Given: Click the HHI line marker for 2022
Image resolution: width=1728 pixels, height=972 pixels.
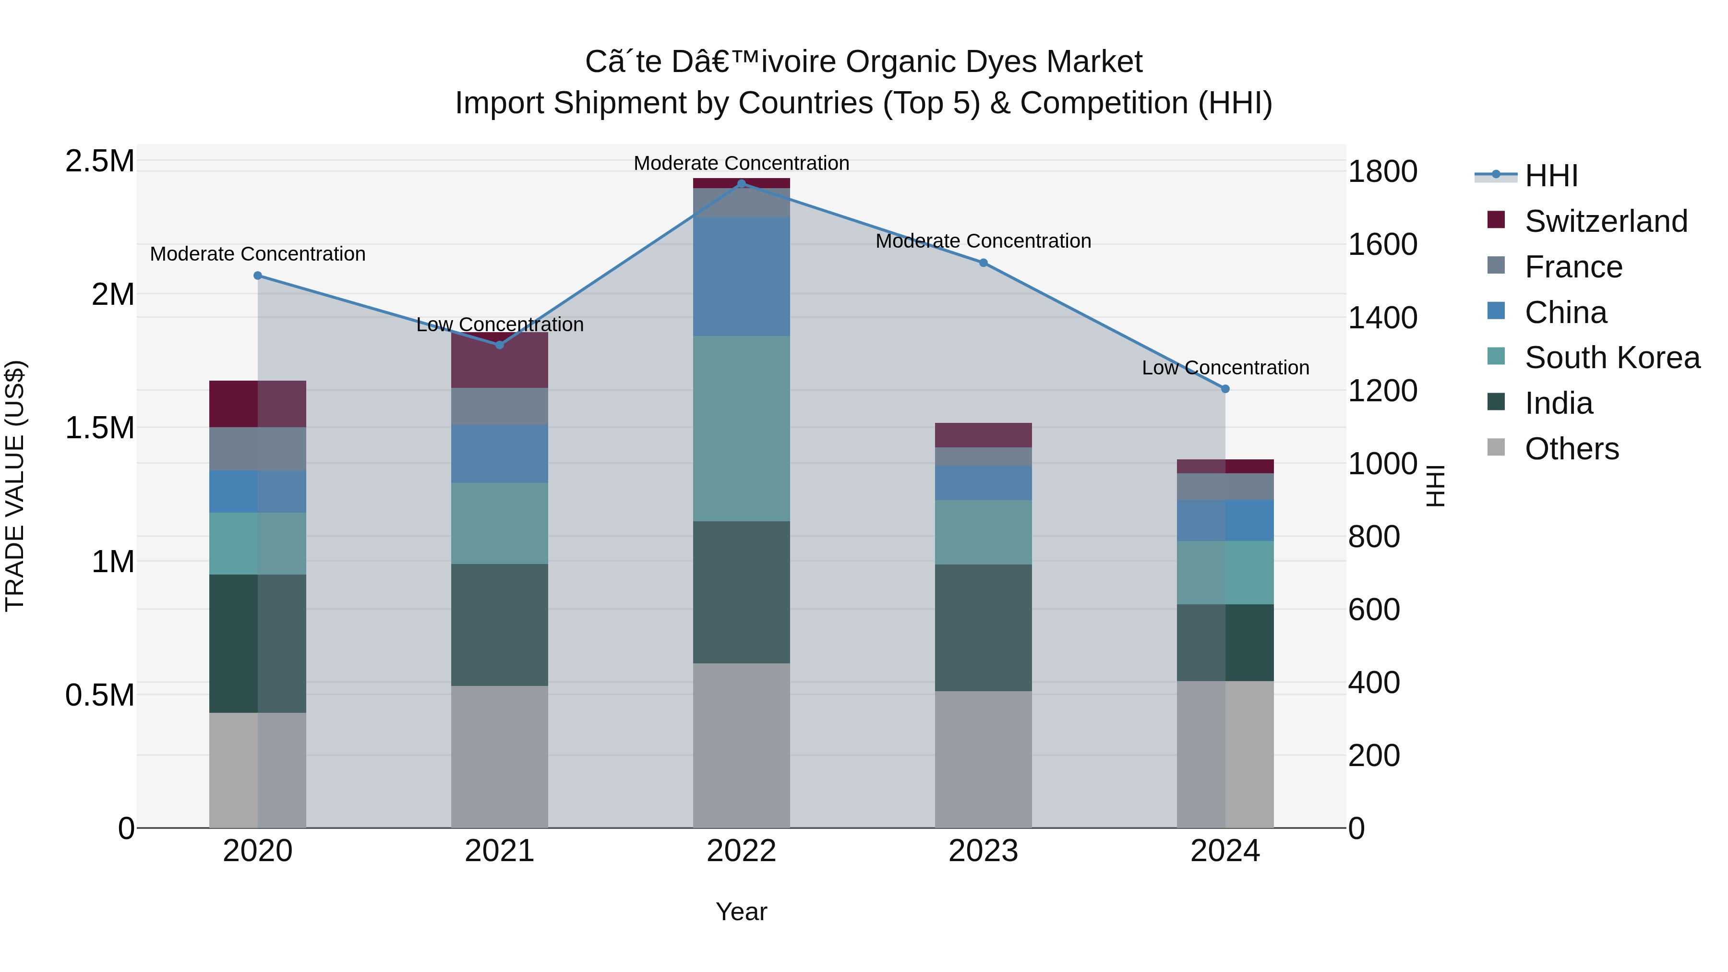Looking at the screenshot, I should point(741,183).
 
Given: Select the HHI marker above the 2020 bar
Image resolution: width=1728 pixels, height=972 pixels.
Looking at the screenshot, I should point(258,276).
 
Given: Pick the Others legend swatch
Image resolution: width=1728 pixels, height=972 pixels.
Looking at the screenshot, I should point(1496,447).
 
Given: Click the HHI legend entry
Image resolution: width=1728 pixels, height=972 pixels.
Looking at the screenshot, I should point(1551,176).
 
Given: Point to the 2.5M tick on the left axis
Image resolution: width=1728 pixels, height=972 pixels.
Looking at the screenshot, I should point(99,162).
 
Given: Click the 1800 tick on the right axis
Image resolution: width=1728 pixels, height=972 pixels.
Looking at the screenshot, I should point(1382,172).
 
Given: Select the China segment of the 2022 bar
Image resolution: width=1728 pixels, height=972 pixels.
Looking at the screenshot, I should point(741,276).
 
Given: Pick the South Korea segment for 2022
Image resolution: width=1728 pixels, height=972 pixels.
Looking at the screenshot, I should point(741,428).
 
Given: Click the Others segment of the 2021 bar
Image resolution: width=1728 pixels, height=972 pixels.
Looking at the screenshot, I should point(499,756).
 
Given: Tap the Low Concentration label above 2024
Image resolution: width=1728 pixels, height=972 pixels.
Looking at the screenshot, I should point(1225,368).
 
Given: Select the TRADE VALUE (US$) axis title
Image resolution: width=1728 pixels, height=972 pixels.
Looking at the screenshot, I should point(15,486).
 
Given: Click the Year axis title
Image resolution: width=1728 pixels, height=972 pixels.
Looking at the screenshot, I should point(741,912).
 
